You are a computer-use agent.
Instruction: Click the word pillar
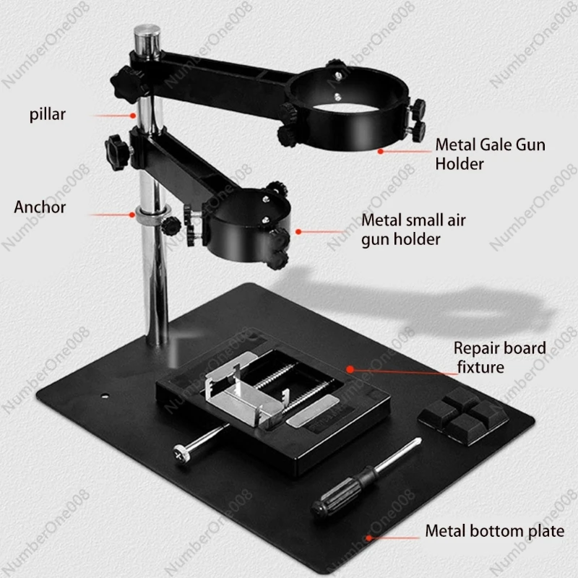[x=48, y=114]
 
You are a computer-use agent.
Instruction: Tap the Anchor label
[x=40, y=207]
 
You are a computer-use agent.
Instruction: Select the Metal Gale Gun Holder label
[x=490, y=154]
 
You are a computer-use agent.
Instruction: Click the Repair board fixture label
[x=499, y=357]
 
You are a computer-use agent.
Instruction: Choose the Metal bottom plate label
[x=493, y=532]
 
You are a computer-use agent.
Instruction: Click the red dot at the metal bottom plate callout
[x=370, y=538]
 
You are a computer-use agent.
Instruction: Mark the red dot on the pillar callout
[x=134, y=114]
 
